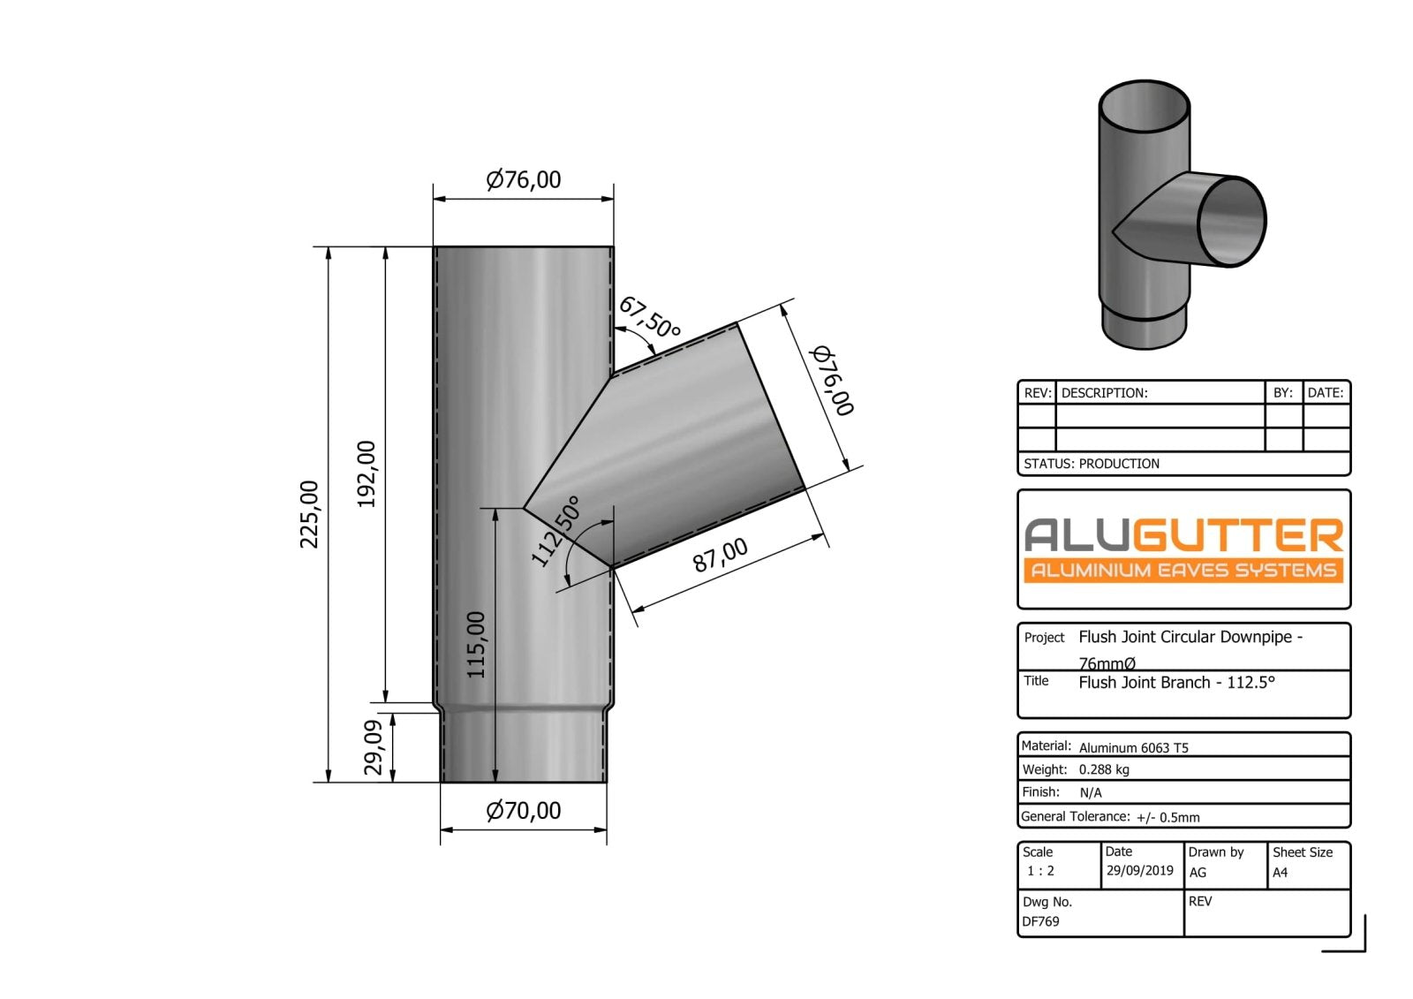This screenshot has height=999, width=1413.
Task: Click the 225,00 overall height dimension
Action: coord(309,514)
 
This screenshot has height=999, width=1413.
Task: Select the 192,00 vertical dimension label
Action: coord(366,474)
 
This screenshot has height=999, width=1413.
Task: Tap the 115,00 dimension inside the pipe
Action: coord(476,645)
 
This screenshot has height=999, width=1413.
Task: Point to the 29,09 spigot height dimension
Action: coord(374,747)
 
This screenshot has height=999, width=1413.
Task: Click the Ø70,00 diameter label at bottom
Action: coord(524,811)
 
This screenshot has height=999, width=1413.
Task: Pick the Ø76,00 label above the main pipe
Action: coord(524,180)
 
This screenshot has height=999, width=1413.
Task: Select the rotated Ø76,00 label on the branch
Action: coord(832,381)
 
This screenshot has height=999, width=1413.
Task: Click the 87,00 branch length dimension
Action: coord(720,556)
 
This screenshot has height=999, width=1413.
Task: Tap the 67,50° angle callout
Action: coord(649,318)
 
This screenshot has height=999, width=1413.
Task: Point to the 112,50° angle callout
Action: coord(555,531)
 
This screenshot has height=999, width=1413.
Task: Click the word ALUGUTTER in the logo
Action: coord(1183,535)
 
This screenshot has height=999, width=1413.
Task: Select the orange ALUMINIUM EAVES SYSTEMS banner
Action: coord(1183,571)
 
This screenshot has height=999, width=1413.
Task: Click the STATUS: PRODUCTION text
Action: coord(1092,464)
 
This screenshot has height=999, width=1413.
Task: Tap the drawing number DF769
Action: coord(1040,921)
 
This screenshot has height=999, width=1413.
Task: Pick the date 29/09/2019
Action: coord(1139,871)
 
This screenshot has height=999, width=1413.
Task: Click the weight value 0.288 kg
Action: coord(1104,769)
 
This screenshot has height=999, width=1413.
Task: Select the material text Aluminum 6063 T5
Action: coord(1133,747)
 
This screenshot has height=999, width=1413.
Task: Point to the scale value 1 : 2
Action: coord(1040,871)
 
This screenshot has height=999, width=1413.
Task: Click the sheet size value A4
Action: coord(1280,873)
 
